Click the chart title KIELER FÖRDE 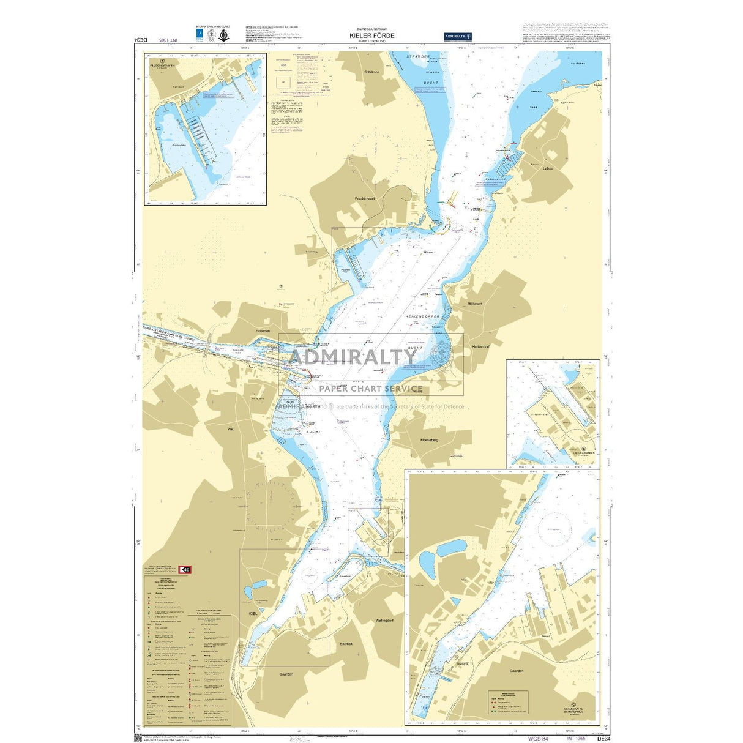tap(371, 35)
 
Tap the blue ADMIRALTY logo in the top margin tap(458, 36)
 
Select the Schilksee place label tap(371, 72)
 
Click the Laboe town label tap(547, 168)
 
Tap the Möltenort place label tap(474, 304)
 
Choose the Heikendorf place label tap(480, 346)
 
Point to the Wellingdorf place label tap(384, 621)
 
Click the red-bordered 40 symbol tap(187, 569)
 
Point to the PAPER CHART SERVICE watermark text tap(370, 388)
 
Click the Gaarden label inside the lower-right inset tap(516, 671)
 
